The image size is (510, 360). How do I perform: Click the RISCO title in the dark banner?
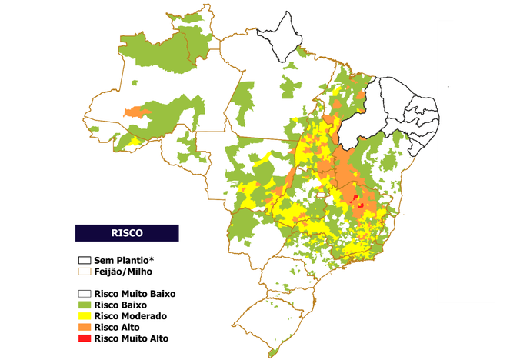(126, 232)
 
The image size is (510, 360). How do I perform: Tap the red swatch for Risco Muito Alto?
(83, 338)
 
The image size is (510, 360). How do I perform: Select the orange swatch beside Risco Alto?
(83, 327)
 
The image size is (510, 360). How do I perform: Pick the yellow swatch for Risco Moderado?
(83, 316)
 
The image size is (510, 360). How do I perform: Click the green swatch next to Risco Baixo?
(83, 305)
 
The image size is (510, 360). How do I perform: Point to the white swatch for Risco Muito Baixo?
(83, 294)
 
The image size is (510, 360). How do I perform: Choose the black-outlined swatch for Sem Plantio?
(83, 260)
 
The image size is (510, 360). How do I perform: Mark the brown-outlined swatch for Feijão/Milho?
(83, 272)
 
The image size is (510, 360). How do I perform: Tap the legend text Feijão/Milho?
(122, 272)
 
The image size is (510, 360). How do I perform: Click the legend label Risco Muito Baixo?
(135, 294)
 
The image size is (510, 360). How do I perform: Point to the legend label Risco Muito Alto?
(130, 338)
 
